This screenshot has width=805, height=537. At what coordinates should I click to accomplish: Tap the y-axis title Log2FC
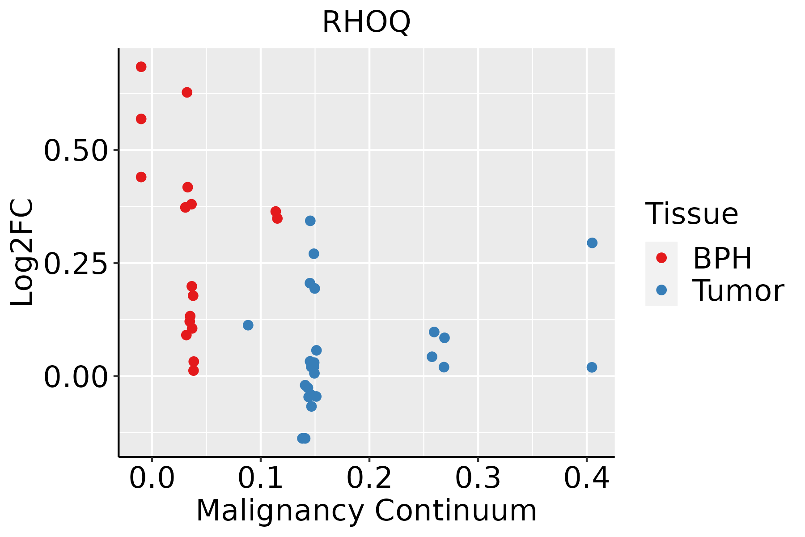(22, 253)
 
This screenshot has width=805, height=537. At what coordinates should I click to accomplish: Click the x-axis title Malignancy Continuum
(366, 511)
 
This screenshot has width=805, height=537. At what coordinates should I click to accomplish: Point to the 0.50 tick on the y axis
(76, 150)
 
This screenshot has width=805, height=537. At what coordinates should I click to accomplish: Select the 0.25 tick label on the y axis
(76, 264)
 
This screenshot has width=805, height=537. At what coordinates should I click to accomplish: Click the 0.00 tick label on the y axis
(76, 377)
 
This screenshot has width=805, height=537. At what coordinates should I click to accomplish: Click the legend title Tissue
(691, 214)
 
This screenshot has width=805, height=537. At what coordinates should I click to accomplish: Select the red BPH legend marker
(661, 258)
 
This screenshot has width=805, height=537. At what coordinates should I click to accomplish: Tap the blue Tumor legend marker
(661, 290)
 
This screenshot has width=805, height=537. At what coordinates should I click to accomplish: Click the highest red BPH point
(141, 67)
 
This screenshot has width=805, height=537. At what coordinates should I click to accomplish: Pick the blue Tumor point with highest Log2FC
(310, 221)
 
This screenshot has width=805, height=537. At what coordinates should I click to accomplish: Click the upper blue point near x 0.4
(592, 243)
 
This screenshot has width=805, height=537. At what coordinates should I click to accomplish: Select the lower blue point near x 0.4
(592, 367)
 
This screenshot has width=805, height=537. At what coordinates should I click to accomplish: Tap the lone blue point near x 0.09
(248, 325)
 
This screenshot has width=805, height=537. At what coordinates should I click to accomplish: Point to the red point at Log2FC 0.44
(141, 177)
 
